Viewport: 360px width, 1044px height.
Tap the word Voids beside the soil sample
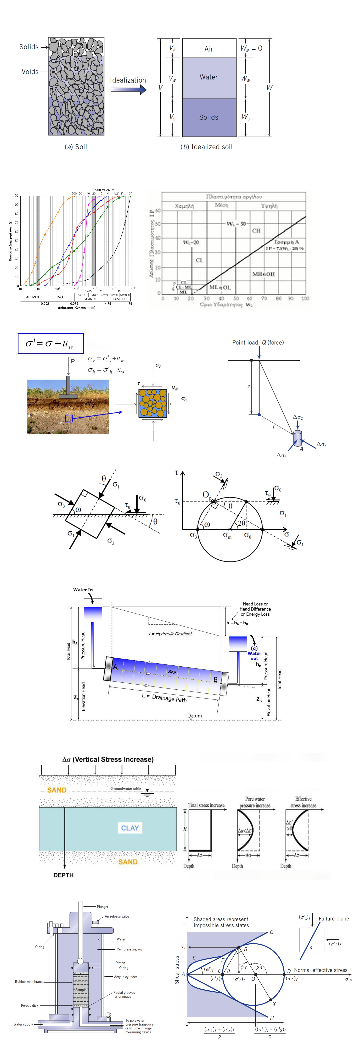pyautogui.click(x=30, y=72)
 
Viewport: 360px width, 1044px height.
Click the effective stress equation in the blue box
pyautogui.click(x=50, y=344)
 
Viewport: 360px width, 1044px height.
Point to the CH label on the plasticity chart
pyautogui.click(x=256, y=231)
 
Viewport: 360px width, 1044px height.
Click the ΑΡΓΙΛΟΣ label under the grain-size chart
pyautogui.click(x=33, y=297)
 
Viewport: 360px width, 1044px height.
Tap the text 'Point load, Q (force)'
pyautogui.click(x=258, y=342)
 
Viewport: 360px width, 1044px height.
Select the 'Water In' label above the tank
pyautogui.click(x=83, y=590)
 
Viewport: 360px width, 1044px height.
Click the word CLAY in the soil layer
pyautogui.click(x=130, y=828)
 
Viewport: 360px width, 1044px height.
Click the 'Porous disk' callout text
pyautogui.click(x=30, y=1005)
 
